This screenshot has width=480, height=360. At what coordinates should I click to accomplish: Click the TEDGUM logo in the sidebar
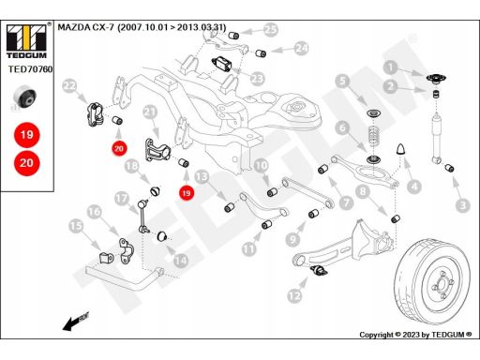(26, 40)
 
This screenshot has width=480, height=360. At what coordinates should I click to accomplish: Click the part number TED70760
(30, 69)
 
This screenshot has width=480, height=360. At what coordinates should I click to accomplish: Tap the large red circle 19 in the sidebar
(27, 135)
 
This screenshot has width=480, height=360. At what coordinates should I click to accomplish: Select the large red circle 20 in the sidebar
(27, 163)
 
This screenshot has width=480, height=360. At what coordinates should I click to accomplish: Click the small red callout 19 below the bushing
(187, 193)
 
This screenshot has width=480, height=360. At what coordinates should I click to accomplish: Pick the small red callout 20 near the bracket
(119, 148)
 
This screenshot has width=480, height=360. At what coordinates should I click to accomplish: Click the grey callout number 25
(271, 30)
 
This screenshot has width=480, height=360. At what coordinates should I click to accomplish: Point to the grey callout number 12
(294, 295)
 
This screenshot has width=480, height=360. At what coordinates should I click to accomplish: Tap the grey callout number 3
(463, 205)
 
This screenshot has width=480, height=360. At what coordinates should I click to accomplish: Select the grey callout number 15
(76, 226)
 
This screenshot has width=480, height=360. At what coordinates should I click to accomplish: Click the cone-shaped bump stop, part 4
(400, 149)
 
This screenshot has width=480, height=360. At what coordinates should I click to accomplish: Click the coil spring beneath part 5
(373, 136)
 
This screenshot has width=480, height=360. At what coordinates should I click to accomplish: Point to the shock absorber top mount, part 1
(436, 79)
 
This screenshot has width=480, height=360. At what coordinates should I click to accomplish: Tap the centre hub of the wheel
(442, 284)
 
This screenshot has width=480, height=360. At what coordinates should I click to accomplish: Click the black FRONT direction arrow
(76, 321)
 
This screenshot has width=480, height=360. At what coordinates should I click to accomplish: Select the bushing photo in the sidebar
(25, 97)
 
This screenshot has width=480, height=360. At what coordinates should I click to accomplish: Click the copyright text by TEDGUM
(415, 335)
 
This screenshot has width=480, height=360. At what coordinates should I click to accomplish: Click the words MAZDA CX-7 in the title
(86, 27)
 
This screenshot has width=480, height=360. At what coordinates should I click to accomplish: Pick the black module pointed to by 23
(221, 64)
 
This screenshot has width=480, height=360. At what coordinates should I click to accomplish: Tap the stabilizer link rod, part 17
(142, 217)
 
